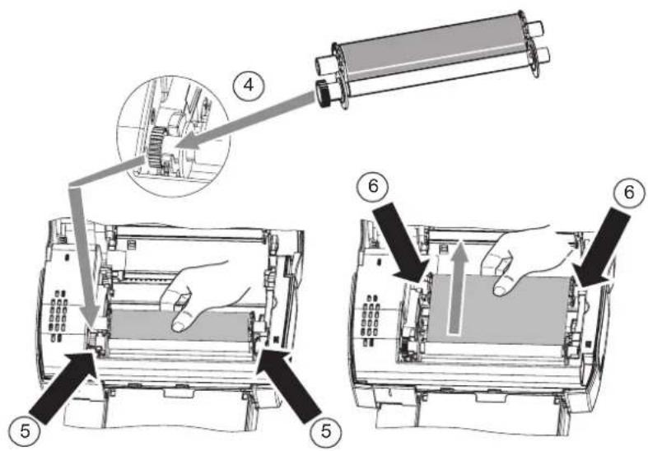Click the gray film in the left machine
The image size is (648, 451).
pyautogui.click(x=173, y=326)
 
